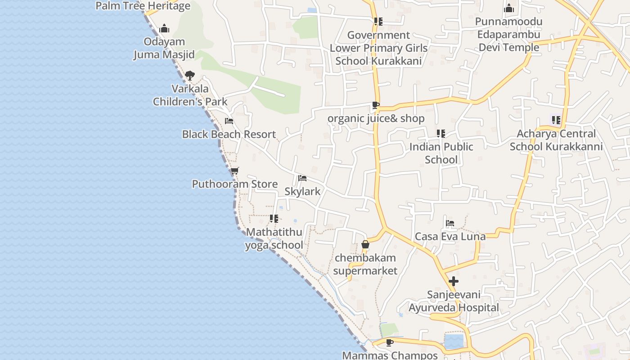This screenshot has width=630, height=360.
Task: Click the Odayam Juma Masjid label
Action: point(164,48)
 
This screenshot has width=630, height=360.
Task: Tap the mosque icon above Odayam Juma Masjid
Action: point(164,28)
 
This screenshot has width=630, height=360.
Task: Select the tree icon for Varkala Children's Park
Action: point(190,75)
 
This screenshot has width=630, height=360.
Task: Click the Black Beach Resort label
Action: point(229,134)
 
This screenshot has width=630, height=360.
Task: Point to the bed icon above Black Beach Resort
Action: point(229,121)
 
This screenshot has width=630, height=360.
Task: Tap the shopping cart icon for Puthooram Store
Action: point(234,171)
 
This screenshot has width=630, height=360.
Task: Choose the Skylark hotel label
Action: point(303,191)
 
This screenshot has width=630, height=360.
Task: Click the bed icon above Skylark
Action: point(302,178)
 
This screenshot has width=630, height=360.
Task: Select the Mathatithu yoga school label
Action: point(274,238)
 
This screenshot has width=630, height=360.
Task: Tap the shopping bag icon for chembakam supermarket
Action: point(365,245)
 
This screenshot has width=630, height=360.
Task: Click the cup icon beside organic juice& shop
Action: point(375,105)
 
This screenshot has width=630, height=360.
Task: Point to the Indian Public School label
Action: point(441,153)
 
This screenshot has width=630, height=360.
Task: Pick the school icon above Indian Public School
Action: point(441,134)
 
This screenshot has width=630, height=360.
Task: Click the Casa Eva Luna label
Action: point(450,236)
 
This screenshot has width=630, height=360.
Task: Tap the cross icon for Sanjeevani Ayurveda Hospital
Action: point(454,281)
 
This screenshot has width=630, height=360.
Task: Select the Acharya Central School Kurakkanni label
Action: point(556,140)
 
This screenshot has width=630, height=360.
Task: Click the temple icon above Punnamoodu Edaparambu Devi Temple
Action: point(509,8)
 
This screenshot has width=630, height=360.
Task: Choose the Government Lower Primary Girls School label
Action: point(379,48)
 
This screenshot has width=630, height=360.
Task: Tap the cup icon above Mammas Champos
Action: point(390,342)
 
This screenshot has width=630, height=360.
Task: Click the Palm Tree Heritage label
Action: point(143,6)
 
